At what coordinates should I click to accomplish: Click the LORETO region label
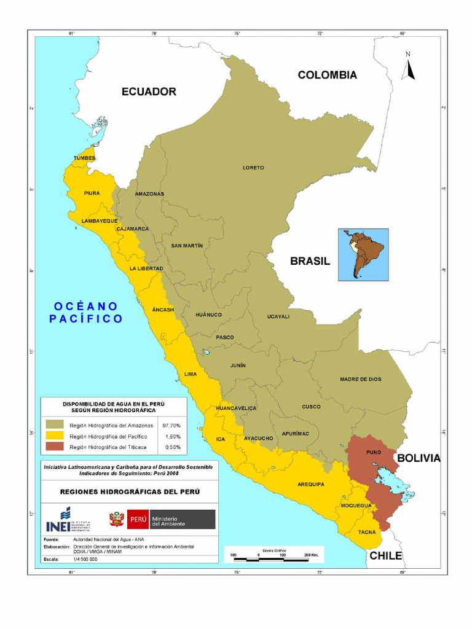pyautogui.click(x=253, y=168)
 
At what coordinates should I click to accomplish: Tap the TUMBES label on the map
pyautogui.click(x=85, y=158)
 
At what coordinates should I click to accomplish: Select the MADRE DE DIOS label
pyautogui.click(x=361, y=379)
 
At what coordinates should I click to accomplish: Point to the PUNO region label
pyautogui.click(x=373, y=452)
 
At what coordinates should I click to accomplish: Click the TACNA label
pyautogui.click(x=367, y=532)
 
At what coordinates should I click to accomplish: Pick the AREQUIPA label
pyautogui.click(x=311, y=484)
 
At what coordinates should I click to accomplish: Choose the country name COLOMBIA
pyautogui.click(x=327, y=75)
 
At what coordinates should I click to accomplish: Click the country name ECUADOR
pyautogui.click(x=149, y=92)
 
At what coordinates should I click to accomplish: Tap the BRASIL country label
pyautogui.click(x=310, y=261)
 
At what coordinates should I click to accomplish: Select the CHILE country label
pyautogui.click(x=385, y=556)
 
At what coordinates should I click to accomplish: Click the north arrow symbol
pyautogui.click(x=408, y=66)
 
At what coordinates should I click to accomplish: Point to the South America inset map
pyautogui.click(x=363, y=255)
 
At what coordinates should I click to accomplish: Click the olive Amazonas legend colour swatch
pyautogui.click(x=54, y=424)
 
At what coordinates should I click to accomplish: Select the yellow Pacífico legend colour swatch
pyautogui.click(x=54, y=436)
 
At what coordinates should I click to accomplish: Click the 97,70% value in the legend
pyautogui.click(x=171, y=424)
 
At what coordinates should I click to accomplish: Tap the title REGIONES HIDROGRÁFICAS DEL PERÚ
pyautogui.click(x=129, y=491)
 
